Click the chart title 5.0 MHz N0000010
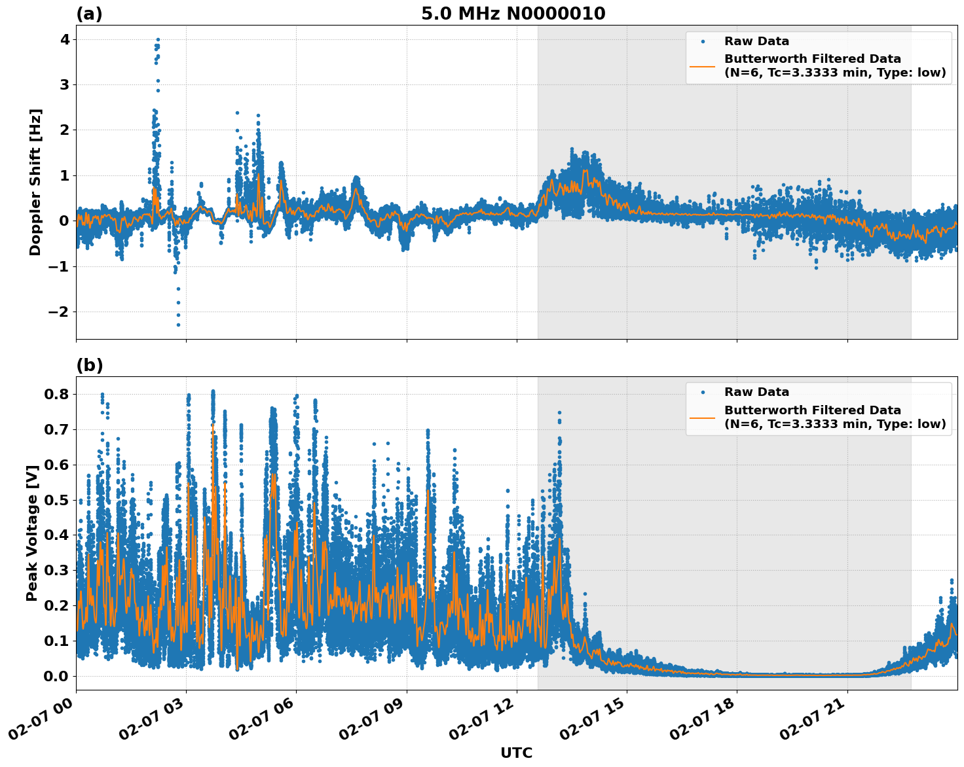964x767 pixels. pyautogui.click(x=513, y=14)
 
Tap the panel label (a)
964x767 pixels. pyautogui.click(x=89, y=14)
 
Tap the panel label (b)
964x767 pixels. pyautogui.click(x=89, y=365)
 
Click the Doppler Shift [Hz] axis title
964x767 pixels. pyautogui.click(x=35, y=182)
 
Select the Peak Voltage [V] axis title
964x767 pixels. pyautogui.click(x=32, y=532)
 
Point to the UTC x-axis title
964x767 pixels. pyautogui.click(x=516, y=753)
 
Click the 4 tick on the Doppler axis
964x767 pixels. pyautogui.click(x=64, y=39)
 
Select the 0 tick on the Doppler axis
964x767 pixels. pyautogui.click(x=64, y=221)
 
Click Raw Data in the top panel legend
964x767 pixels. pyautogui.click(x=756, y=41)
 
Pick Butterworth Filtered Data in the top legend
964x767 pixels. pyautogui.click(x=812, y=59)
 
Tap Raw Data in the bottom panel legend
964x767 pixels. pyautogui.click(x=756, y=392)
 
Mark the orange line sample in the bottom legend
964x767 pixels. pyautogui.click(x=703, y=417)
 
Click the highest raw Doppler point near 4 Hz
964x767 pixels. pyautogui.click(x=158, y=39)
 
